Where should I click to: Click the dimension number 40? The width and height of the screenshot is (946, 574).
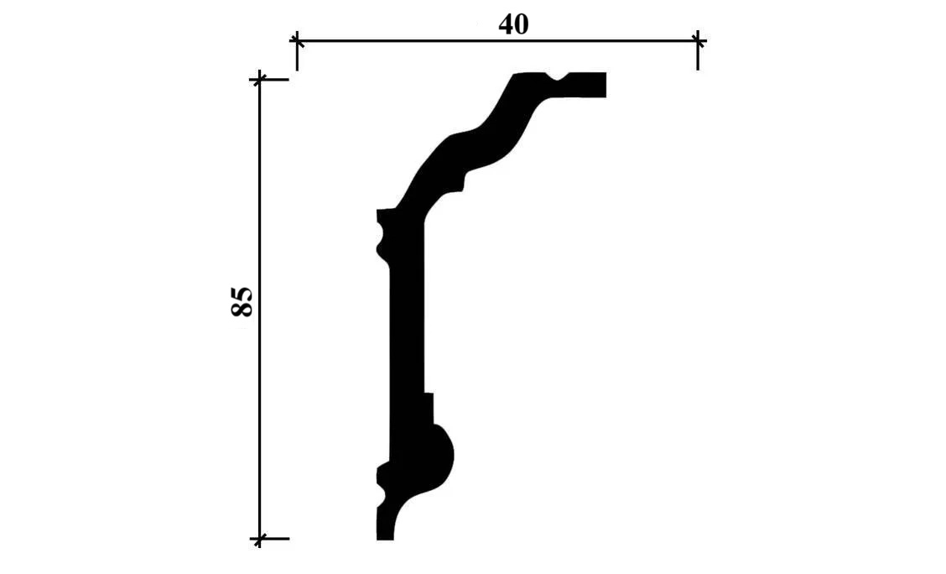pyautogui.click(x=513, y=24)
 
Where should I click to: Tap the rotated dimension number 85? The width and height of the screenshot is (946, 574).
pyautogui.click(x=242, y=302)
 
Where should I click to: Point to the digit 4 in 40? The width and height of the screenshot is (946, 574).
pyautogui.click(x=506, y=24)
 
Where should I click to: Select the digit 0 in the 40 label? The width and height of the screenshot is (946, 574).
pyautogui.click(x=522, y=24)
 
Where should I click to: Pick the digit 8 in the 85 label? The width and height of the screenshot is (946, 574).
pyautogui.click(x=242, y=310)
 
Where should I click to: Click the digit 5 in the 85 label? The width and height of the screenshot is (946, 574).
pyautogui.click(x=242, y=294)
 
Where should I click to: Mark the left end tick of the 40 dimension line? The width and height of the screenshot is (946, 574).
pyautogui.click(x=296, y=41)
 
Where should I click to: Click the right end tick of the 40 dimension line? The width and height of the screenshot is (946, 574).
pyautogui.click(x=698, y=41)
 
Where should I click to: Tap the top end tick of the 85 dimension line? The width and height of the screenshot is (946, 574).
pyautogui.click(x=260, y=79)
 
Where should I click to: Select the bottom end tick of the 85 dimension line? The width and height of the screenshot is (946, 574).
pyautogui.click(x=260, y=538)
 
